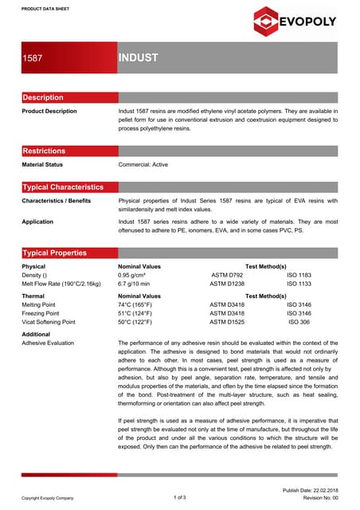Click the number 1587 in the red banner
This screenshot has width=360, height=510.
pyautogui.click(x=33, y=58)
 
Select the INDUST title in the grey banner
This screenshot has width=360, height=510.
pyautogui.click(x=139, y=58)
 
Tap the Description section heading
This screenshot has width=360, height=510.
pyautogui.click(x=43, y=97)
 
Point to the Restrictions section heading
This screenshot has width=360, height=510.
pyautogui.click(x=44, y=151)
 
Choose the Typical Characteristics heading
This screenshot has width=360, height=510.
pyautogui.click(x=63, y=186)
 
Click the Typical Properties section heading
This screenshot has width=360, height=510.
pyautogui.click(x=54, y=253)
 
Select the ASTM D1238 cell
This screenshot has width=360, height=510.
pyautogui.click(x=227, y=283)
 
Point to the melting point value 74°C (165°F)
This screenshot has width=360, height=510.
pyautogui.click(x=140, y=304)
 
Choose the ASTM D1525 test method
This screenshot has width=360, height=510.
pyautogui.click(x=227, y=322)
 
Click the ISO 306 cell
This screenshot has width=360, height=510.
pyautogui.click(x=299, y=322)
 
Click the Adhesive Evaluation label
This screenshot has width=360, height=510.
pyautogui.click(x=48, y=343)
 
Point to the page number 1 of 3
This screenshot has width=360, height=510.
pyautogui.click(x=179, y=497)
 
